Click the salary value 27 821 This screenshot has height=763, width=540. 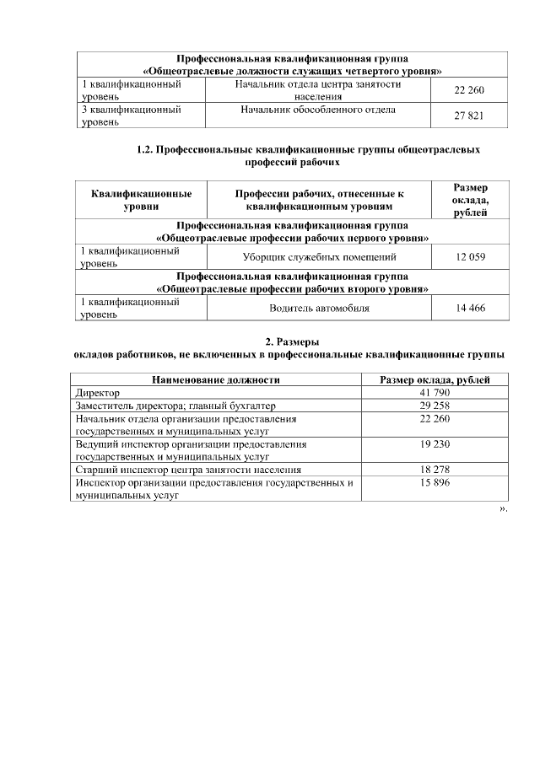pyautogui.click(x=469, y=116)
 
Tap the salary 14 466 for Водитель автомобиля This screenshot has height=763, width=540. pyautogui.click(x=469, y=309)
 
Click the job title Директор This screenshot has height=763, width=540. pyautogui.click(x=97, y=393)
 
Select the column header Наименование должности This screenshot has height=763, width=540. pyautogui.click(x=215, y=380)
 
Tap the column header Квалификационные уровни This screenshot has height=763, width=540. pyautogui.click(x=141, y=200)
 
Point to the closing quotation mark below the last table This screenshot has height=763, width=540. pyautogui.click(x=503, y=510)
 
